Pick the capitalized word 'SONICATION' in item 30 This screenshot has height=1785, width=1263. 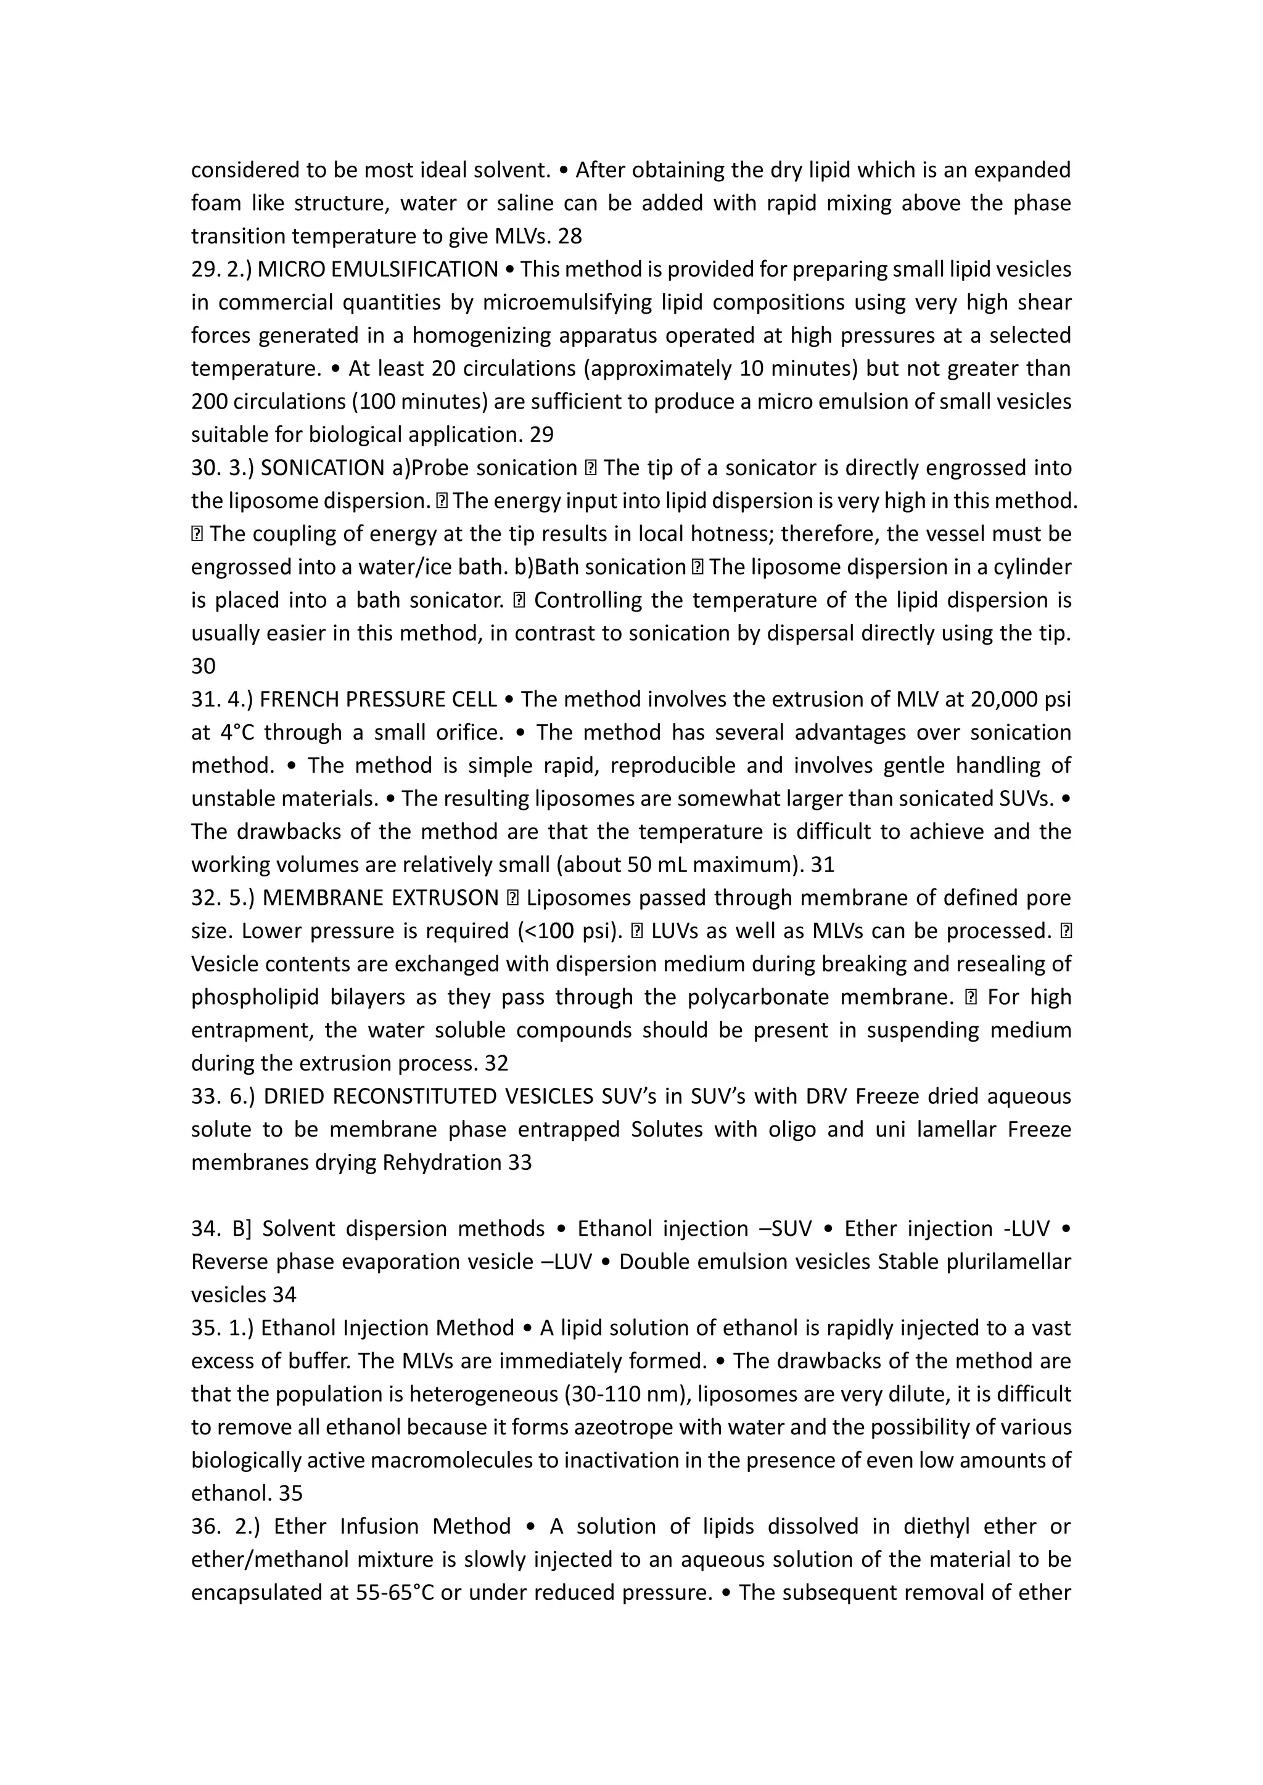tap(323, 467)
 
